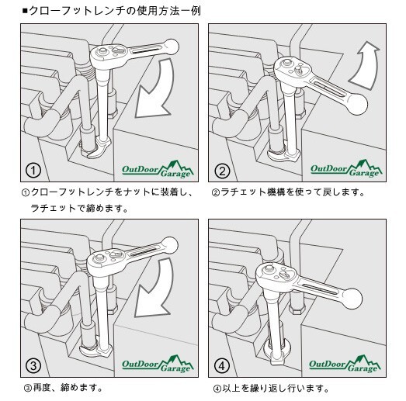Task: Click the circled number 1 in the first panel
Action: point(33,171)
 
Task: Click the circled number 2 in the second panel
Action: point(222,171)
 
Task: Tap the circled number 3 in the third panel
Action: point(33,365)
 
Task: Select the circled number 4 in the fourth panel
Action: point(222,365)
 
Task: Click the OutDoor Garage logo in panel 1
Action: point(158,169)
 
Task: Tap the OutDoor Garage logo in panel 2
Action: point(346,169)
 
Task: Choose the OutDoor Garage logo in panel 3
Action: point(158,365)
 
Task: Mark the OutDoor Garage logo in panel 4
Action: point(345,365)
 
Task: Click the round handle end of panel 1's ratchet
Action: point(171,47)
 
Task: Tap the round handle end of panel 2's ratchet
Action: point(357,104)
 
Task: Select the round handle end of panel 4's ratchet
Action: point(352,299)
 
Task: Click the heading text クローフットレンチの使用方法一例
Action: point(115,11)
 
